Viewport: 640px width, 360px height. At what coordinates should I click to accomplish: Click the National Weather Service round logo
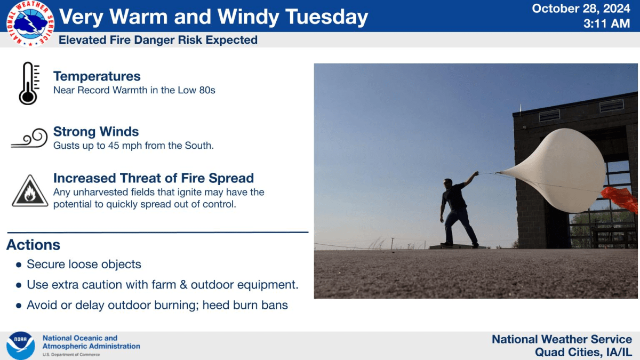click(x=30, y=23)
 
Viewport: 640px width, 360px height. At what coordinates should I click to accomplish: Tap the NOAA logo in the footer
click(x=21, y=346)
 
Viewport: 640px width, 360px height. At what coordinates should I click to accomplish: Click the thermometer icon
click(x=28, y=83)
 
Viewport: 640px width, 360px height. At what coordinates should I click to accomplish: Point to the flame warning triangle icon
click(x=30, y=191)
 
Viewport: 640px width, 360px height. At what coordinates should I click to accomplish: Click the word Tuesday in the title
click(x=326, y=18)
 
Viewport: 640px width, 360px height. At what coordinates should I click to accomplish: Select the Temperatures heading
click(x=97, y=76)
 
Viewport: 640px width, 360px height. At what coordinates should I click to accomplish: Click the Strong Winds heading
click(x=96, y=132)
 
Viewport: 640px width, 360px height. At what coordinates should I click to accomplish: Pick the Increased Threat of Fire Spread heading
click(x=154, y=178)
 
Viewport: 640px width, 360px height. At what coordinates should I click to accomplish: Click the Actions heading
click(x=33, y=245)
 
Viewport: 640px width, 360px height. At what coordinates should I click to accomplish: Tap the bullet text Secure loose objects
click(x=84, y=265)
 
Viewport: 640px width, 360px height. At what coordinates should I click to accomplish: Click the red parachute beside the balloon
click(x=622, y=198)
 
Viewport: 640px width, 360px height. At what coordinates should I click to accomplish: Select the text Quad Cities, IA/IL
click(x=583, y=353)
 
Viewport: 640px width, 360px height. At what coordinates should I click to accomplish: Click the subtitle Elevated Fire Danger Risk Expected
click(x=158, y=40)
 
